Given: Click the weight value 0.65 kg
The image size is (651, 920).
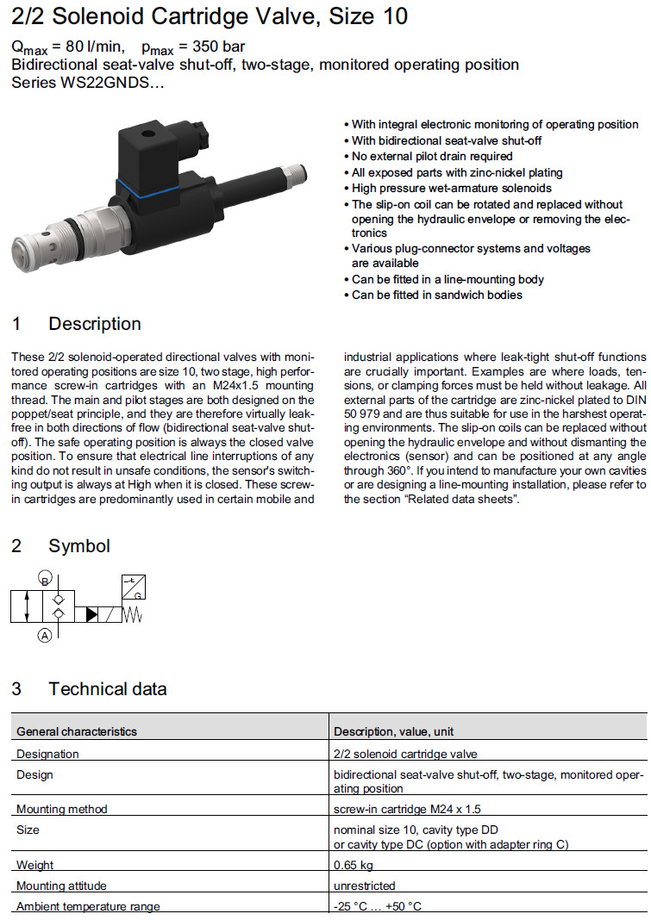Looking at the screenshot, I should (x=354, y=865).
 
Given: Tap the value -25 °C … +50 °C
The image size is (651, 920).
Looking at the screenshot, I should (x=378, y=906).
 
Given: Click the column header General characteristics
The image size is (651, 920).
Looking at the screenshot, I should (x=77, y=731).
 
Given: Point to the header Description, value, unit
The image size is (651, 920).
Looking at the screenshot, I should (x=393, y=731).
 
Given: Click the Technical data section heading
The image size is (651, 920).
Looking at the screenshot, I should (x=107, y=689).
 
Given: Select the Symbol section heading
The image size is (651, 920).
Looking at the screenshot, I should (x=79, y=546).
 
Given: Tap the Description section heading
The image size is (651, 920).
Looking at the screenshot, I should (x=94, y=325).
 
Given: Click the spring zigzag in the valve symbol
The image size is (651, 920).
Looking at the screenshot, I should (x=132, y=614).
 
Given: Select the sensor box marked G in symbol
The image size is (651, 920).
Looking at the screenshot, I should (x=133, y=586).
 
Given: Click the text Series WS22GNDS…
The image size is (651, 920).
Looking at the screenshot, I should (x=87, y=83).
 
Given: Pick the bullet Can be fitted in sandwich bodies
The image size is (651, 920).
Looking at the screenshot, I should (x=436, y=295).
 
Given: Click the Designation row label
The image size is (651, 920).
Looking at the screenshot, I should (x=47, y=754).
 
